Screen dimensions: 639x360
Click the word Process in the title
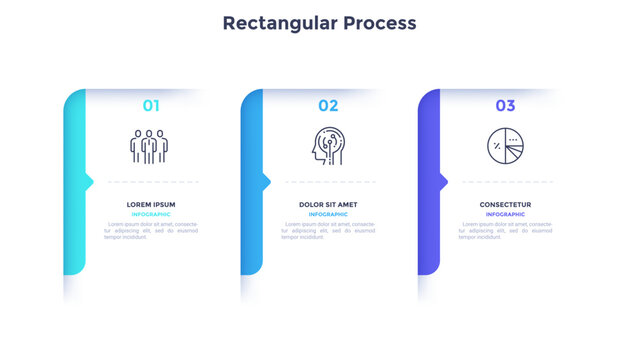tap(377, 22)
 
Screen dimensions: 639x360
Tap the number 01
tap(151, 105)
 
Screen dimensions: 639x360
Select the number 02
tap(328, 105)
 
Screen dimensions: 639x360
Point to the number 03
tap(505, 105)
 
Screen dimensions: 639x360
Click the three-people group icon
tap(150, 146)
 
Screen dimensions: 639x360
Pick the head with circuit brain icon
tap(327, 146)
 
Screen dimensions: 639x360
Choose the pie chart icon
tap(504, 146)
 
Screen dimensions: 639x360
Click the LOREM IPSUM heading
tap(151, 204)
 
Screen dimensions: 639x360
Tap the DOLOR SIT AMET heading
tap(328, 204)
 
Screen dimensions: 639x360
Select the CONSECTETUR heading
tap(505, 204)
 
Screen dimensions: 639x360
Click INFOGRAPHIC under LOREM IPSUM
tap(151, 214)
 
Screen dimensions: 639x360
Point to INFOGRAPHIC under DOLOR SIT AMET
tap(328, 214)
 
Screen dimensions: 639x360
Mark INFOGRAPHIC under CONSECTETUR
tap(505, 214)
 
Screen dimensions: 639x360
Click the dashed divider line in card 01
tap(152, 182)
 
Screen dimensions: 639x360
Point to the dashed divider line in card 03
tap(506, 182)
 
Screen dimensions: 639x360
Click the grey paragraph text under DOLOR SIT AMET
tap(328, 231)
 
